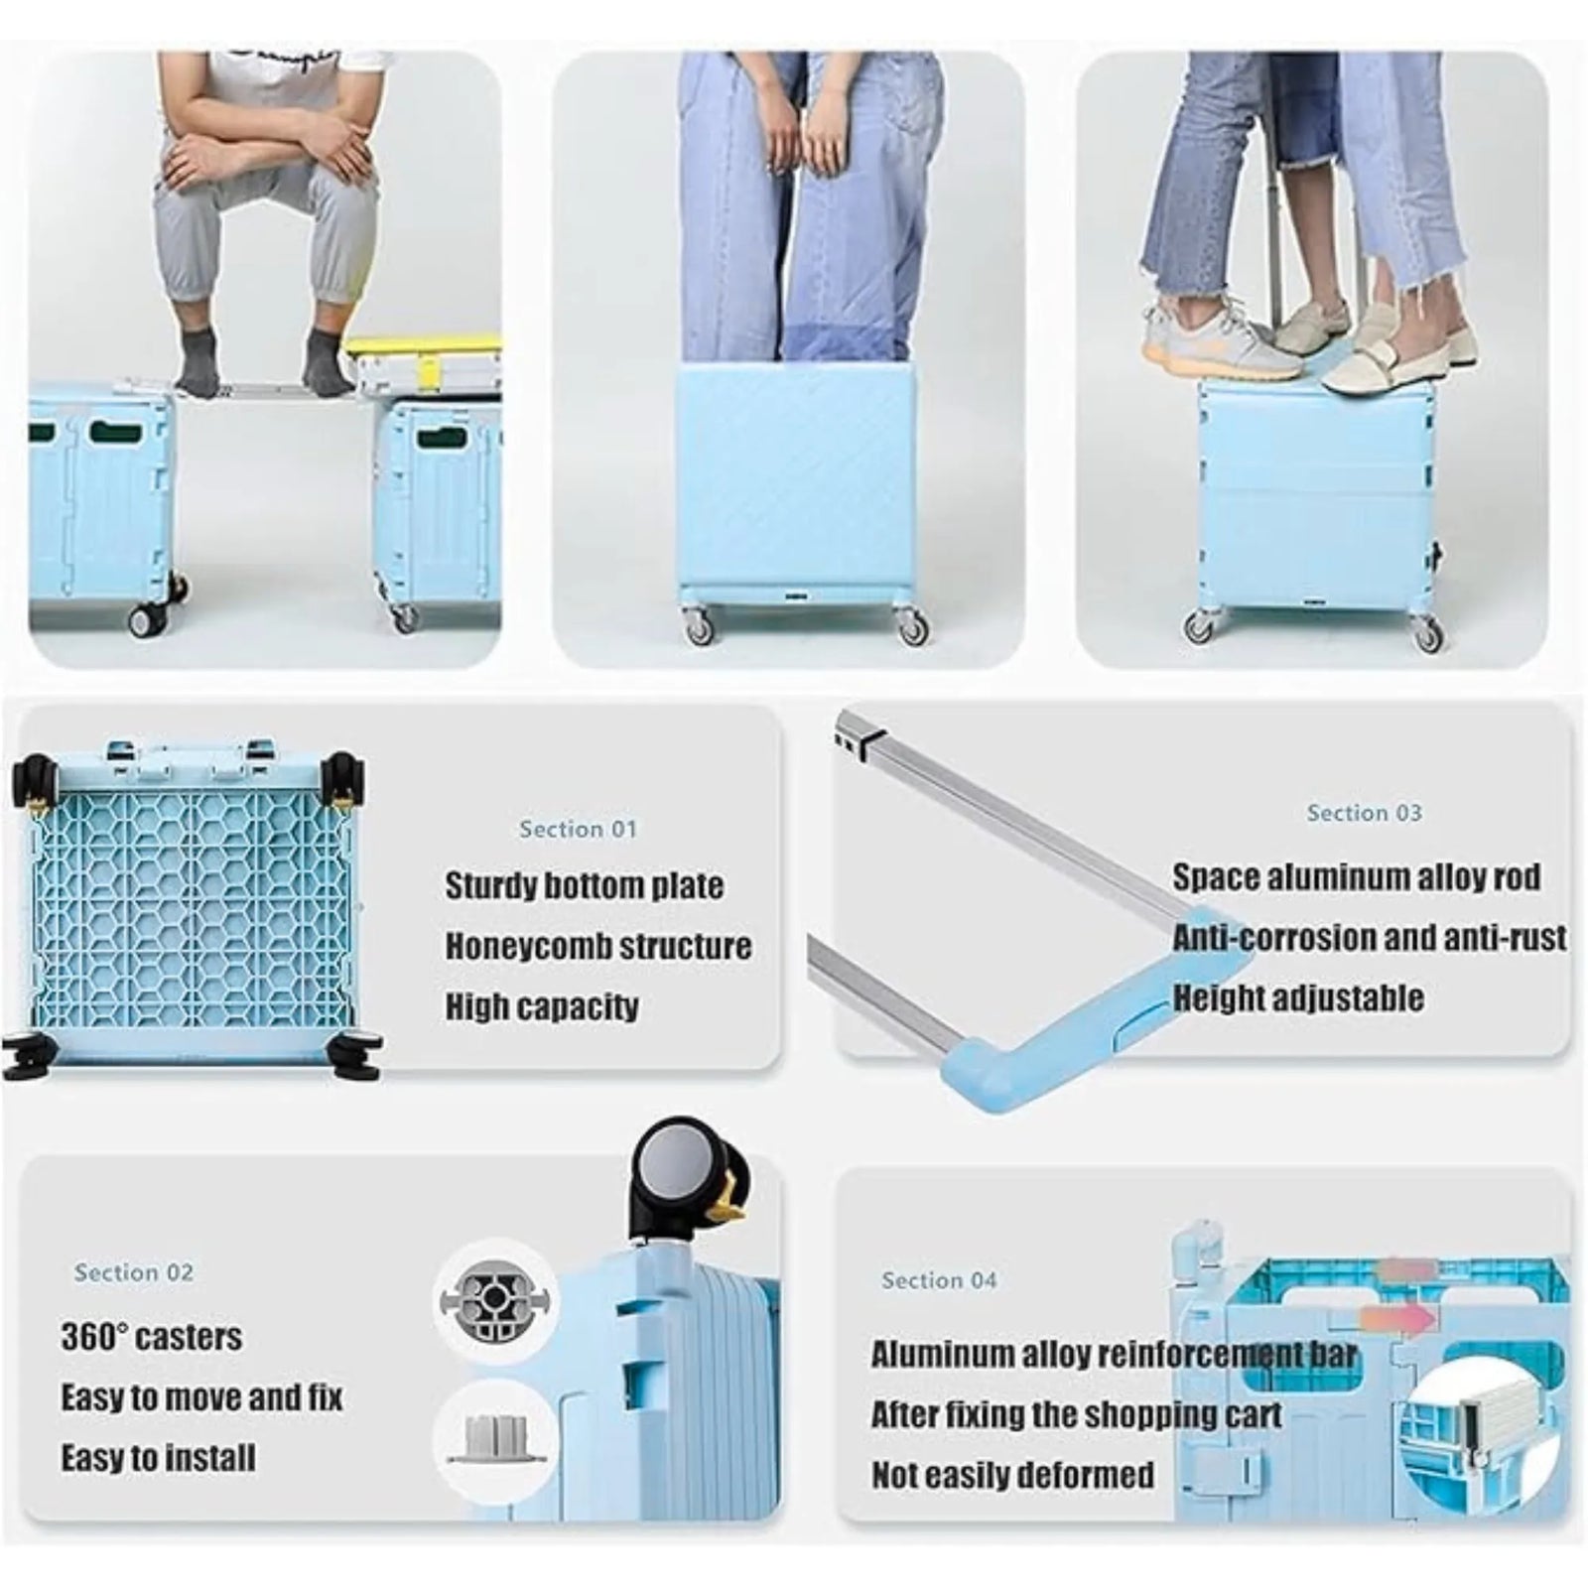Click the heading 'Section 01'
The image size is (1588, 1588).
point(578,829)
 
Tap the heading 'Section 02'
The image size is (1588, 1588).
point(134,1272)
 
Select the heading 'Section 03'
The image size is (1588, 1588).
point(1364,813)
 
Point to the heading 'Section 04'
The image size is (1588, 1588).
point(939,1280)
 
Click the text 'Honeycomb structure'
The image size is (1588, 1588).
point(597,946)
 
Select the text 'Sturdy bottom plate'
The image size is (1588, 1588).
point(584,885)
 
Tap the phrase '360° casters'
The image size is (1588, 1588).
point(151,1336)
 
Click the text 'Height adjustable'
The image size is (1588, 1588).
point(1298,997)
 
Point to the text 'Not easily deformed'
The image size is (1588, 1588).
point(1012,1475)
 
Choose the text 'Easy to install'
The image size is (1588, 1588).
point(158,1457)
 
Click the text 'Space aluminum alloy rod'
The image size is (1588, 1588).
point(1356,876)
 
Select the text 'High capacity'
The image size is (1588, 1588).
point(541,1006)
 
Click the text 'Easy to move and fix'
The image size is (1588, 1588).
point(201,1397)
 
